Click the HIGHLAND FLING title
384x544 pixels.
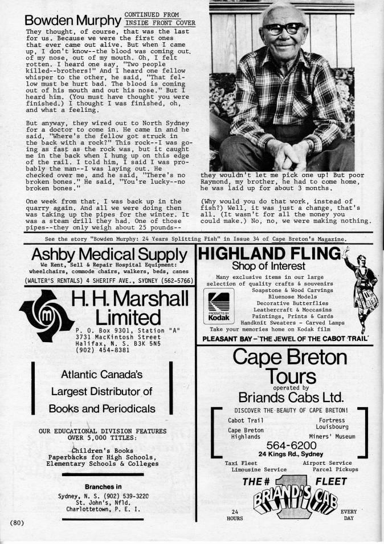(269, 253)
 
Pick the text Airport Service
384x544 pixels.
(327, 462)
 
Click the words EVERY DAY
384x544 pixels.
(348, 515)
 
